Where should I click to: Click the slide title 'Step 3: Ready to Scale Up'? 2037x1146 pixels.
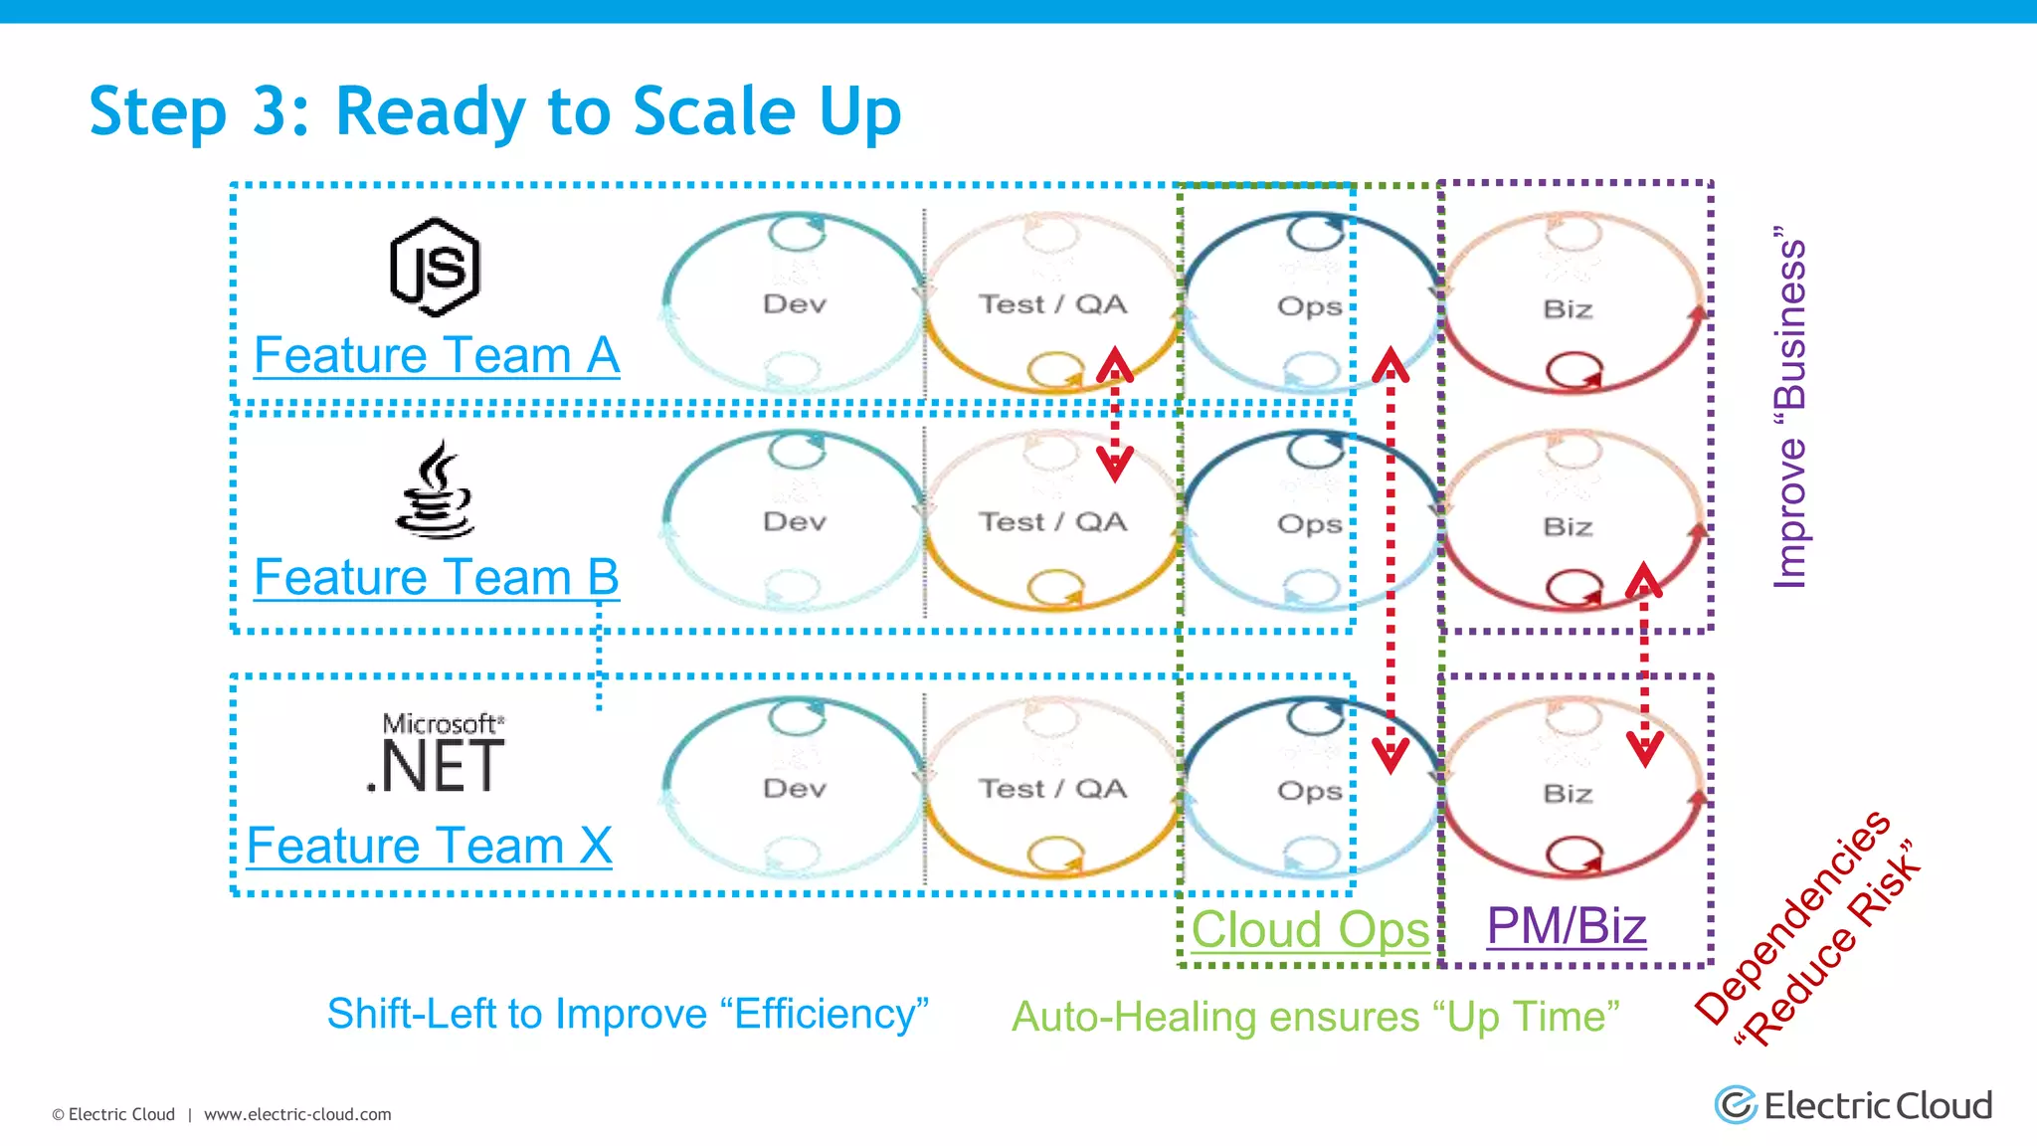tap(494, 110)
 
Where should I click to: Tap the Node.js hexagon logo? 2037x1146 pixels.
tap(435, 268)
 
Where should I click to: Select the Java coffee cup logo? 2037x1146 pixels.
tap(435, 490)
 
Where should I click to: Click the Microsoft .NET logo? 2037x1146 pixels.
tap(438, 755)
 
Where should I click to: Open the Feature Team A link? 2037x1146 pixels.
tap(437, 356)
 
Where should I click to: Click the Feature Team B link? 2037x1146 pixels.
tap(437, 578)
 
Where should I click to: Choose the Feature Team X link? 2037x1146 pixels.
tap(429, 847)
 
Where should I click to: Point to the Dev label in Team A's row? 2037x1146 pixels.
tap(794, 304)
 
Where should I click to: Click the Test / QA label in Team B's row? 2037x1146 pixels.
tap(1052, 522)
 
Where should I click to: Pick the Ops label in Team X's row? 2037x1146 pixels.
tap(1309, 792)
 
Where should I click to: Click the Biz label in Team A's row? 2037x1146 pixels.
tap(1568, 309)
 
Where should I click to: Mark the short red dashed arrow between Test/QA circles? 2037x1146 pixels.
tap(1115, 415)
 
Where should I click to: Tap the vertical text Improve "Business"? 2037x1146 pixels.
tap(1789, 408)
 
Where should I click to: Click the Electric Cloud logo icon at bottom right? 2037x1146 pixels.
tap(1736, 1105)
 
